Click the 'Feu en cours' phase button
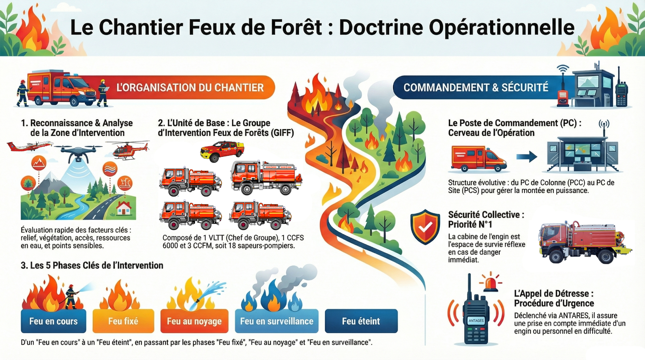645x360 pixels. (x=54, y=321)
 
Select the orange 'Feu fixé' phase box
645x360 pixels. (x=123, y=321)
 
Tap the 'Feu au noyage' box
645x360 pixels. (x=194, y=321)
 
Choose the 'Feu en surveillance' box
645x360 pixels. (x=277, y=321)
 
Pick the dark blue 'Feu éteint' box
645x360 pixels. (x=361, y=321)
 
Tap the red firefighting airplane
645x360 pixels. (x=28, y=146)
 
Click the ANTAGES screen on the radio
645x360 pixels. (x=476, y=321)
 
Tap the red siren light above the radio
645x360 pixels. (x=491, y=283)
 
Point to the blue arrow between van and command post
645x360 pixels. (x=527, y=156)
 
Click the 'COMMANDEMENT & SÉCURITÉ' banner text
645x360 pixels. (x=476, y=87)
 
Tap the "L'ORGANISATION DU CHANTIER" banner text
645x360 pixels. (x=190, y=87)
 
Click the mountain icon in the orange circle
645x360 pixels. (x=39, y=163)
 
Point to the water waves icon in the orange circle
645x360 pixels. (x=110, y=169)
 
